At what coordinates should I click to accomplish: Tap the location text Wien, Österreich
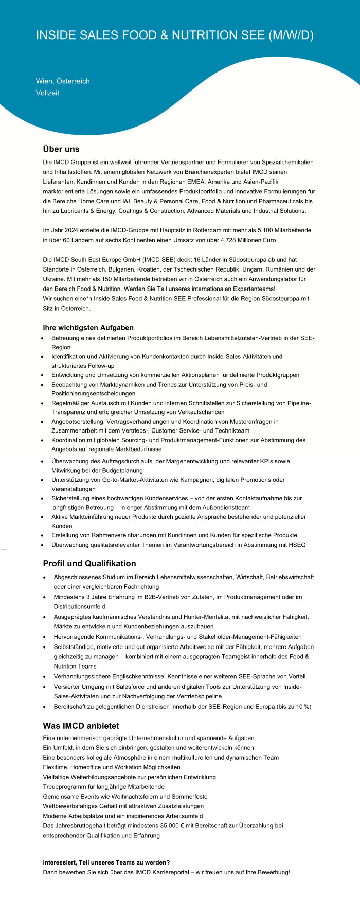[63, 81]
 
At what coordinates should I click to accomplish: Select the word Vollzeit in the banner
[47, 93]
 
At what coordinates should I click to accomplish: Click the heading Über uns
[61, 149]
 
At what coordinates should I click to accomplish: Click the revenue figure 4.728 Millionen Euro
[246, 240]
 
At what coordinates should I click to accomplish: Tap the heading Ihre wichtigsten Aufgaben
[88, 328]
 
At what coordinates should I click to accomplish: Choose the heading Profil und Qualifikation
[89, 564]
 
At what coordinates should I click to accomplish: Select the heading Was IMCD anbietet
[81, 726]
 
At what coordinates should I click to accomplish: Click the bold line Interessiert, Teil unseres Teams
[106, 862]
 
